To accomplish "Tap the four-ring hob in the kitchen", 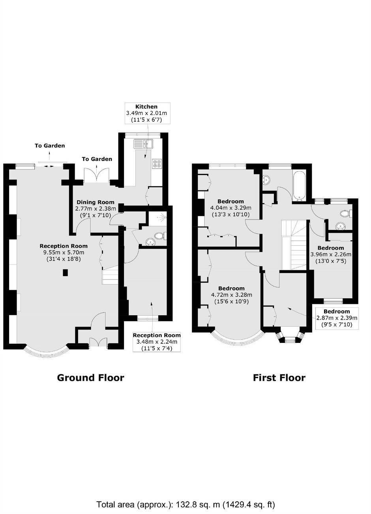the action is (x=157, y=164).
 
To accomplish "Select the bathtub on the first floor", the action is (x=299, y=185).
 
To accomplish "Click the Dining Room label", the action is (x=96, y=202).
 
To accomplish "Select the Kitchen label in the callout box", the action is (x=146, y=106).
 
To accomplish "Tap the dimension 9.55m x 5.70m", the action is (x=64, y=252).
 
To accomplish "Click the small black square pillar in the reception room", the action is (x=66, y=273).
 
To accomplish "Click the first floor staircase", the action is (x=294, y=245).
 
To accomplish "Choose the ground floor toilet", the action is (x=161, y=235).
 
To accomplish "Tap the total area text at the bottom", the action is (x=185, y=503).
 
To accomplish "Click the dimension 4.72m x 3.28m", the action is (x=231, y=295).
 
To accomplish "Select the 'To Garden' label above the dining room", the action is (x=97, y=159).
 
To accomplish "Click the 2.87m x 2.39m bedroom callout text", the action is (x=337, y=318).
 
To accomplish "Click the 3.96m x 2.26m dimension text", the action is (x=331, y=254).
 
